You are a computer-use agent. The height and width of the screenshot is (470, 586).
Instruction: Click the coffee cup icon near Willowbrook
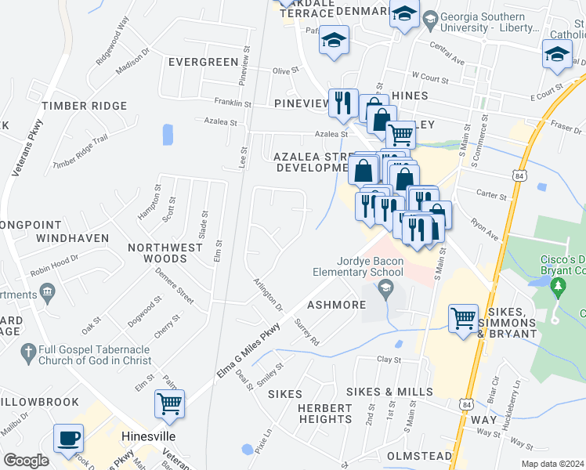tap(68, 438)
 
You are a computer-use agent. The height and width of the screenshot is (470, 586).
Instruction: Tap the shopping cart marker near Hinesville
tap(169, 403)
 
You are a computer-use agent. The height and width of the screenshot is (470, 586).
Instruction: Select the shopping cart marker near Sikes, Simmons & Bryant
tap(464, 318)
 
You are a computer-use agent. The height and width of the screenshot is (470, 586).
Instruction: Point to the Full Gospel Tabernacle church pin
tap(27, 351)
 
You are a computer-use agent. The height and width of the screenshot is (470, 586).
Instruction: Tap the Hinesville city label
tap(149, 435)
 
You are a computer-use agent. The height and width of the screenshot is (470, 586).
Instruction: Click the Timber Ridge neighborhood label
tap(85, 106)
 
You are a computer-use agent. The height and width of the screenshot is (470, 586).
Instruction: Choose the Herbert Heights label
tap(325, 413)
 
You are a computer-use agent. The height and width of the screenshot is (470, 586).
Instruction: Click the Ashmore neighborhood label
tap(337, 305)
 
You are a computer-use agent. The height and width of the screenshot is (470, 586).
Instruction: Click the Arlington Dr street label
tap(268, 293)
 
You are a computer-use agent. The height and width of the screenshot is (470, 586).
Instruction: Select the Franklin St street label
tap(233, 103)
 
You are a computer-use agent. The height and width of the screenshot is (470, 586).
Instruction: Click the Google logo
tap(26, 461)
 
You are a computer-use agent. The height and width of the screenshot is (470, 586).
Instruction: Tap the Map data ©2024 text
tap(552, 464)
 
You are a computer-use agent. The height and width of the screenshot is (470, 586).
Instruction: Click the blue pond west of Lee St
tap(168, 135)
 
